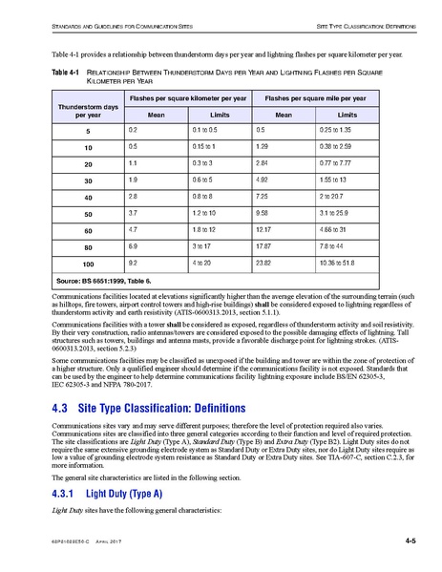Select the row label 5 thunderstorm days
[x=87, y=129]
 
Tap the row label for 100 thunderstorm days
[x=87, y=263]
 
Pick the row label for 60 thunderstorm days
[x=87, y=229]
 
